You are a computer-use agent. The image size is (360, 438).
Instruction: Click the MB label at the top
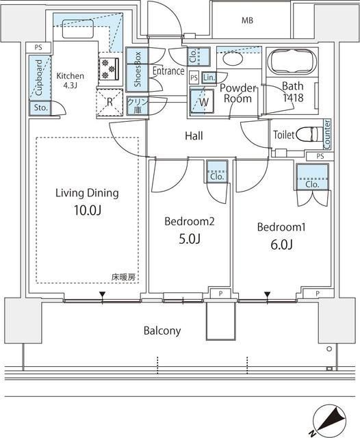(247, 21)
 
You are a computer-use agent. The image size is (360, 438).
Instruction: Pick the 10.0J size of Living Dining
(87, 211)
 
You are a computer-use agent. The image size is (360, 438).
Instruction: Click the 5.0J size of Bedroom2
(189, 239)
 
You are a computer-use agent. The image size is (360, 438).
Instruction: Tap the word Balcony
(162, 331)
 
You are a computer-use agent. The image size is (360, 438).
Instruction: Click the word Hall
(194, 136)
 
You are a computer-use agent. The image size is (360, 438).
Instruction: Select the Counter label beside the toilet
(327, 134)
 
